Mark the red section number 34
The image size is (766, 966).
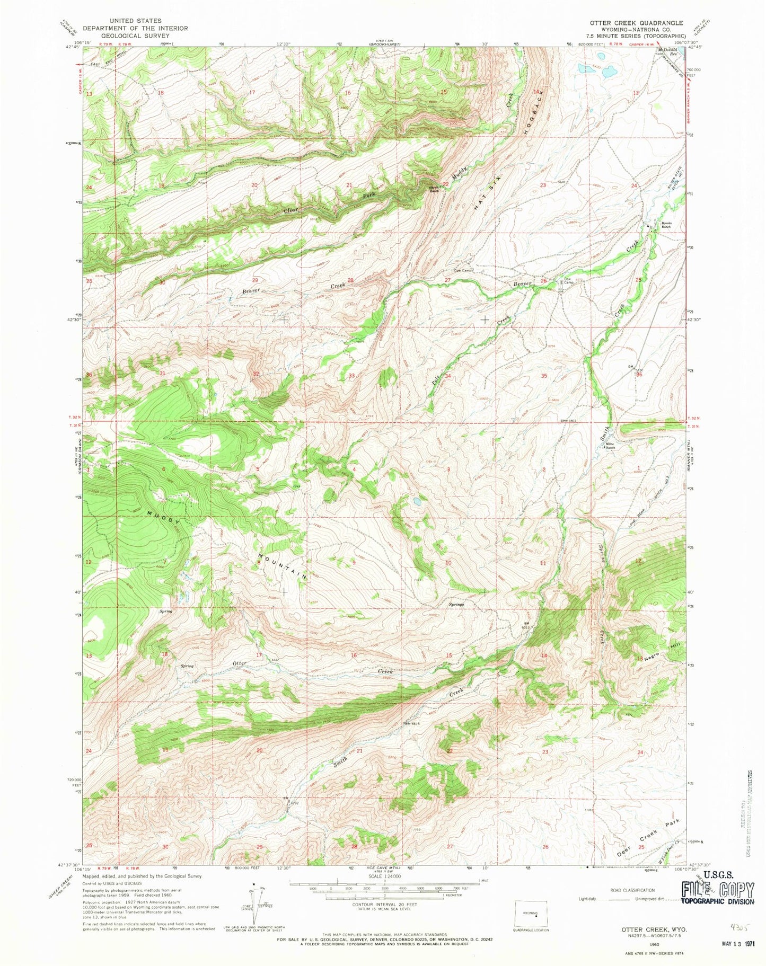pyautogui.click(x=448, y=377)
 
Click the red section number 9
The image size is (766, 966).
pyautogui.click(x=354, y=563)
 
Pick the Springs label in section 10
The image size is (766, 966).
pyautogui.click(x=456, y=604)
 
